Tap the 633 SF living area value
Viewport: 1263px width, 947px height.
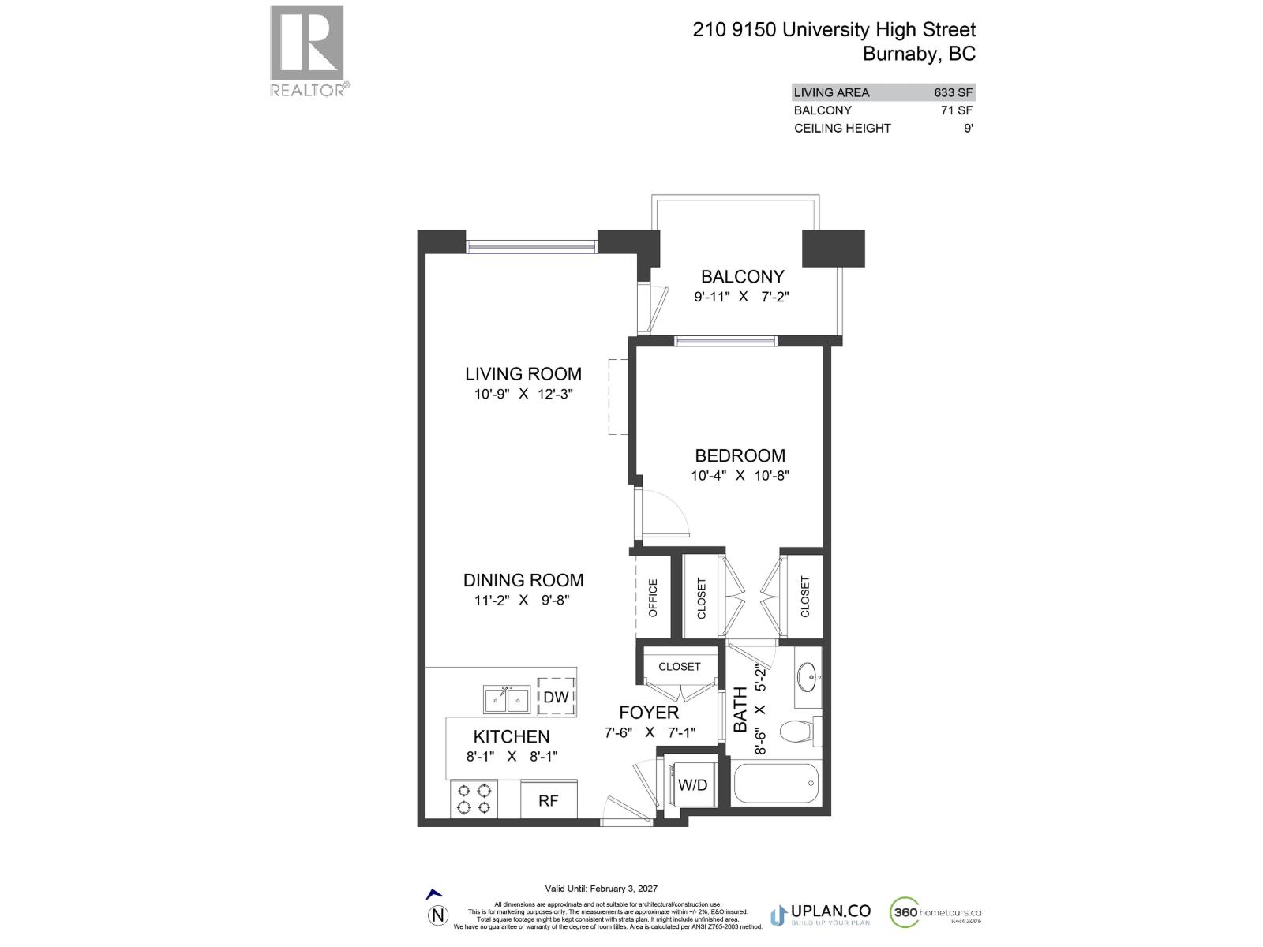tap(953, 92)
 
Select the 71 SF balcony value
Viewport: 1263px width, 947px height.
tap(957, 110)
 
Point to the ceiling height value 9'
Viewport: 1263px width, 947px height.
tap(968, 129)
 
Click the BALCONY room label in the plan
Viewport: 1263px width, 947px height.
tap(742, 277)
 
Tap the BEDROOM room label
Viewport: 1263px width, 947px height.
tap(740, 456)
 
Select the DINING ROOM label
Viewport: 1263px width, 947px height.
tap(523, 580)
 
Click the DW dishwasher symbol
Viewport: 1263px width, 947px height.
tap(557, 697)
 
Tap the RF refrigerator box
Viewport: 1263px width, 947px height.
tap(549, 799)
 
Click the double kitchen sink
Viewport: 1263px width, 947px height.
tap(507, 699)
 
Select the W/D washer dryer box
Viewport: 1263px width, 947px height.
tap(692, 784)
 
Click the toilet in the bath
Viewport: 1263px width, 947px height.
tap(799, 732)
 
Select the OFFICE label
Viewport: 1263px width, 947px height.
tap(653, 597)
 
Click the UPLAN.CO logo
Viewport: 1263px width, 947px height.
tap(821, 914)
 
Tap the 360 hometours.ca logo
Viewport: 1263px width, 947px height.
tap(936, 913)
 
